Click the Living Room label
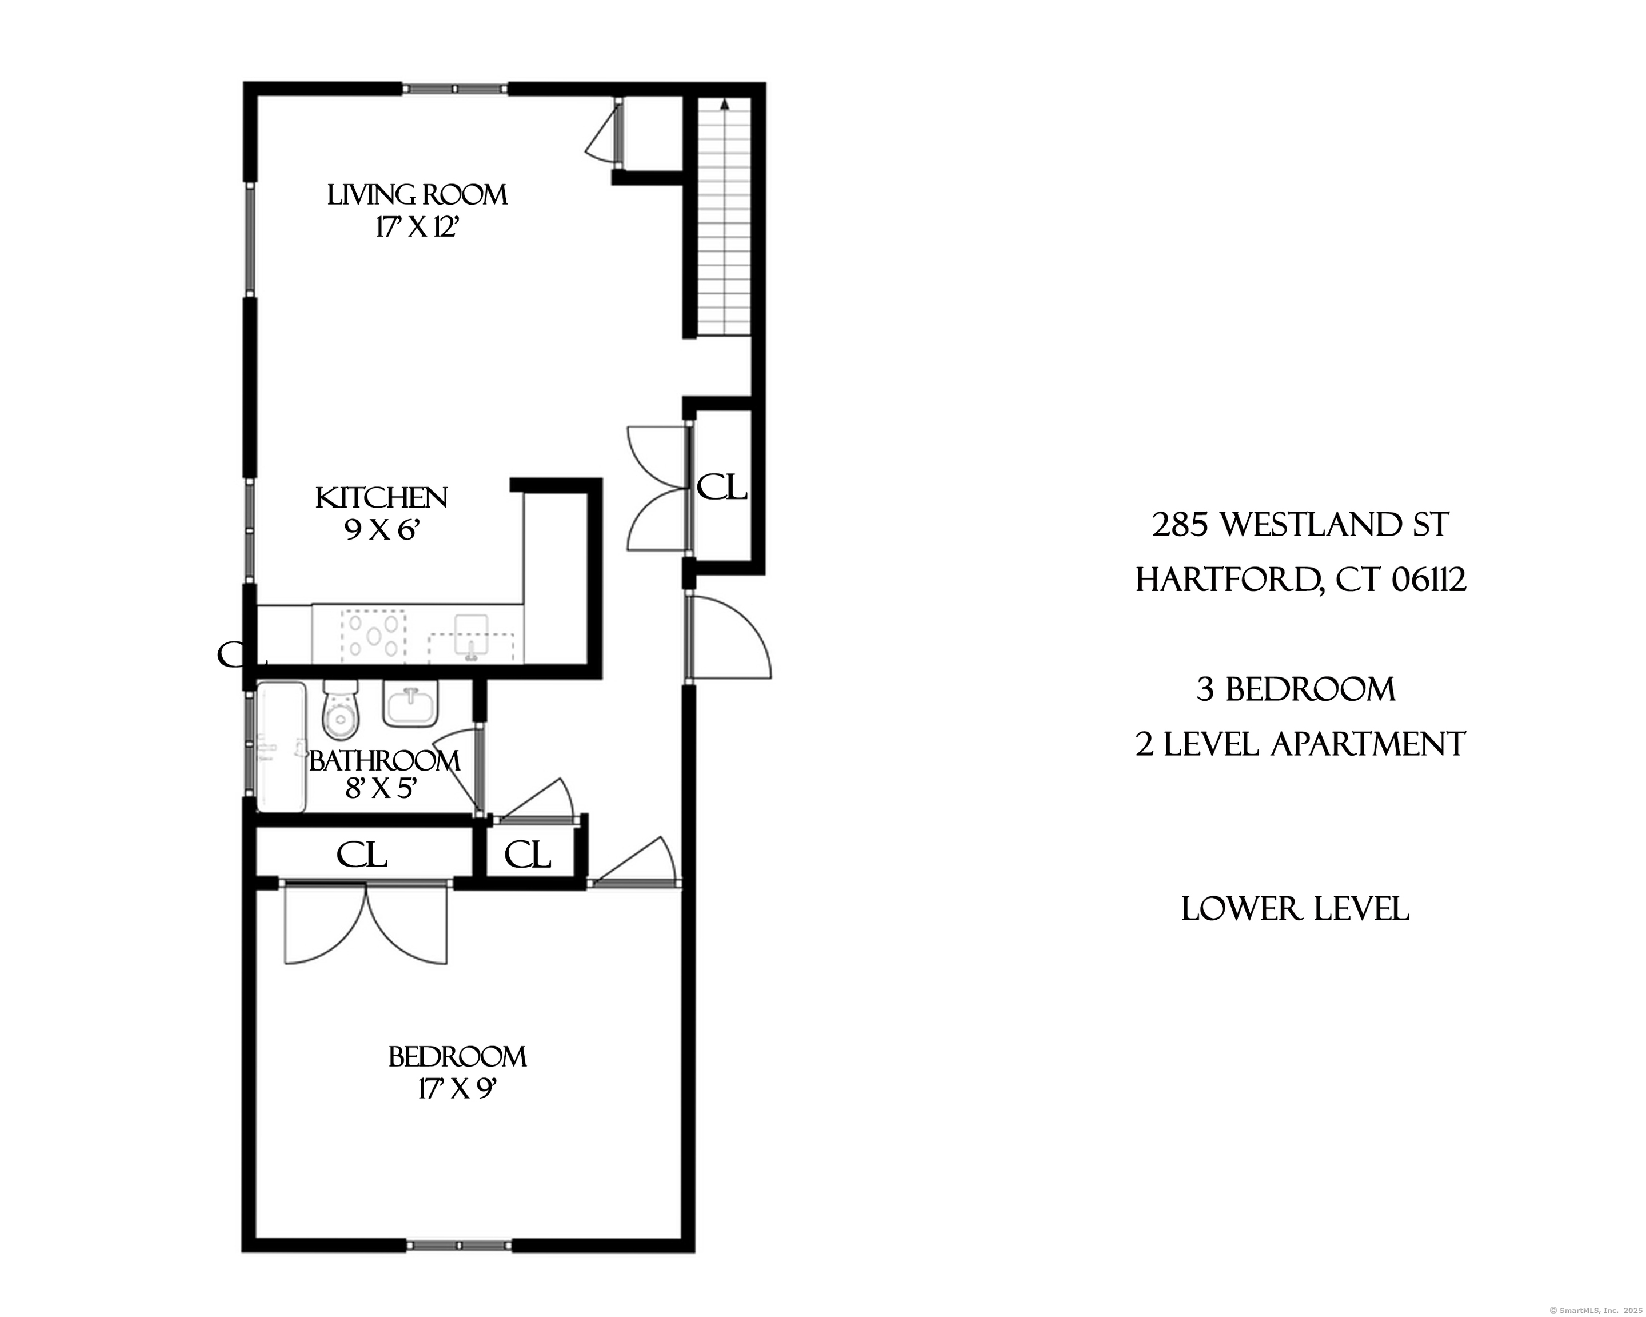click(x=417, y=195)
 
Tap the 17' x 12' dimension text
click(x=416, y=228)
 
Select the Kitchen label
click(x=382, y=498)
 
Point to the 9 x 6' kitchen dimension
click(x=382, y=529)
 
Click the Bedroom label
click(x=457, y=1057)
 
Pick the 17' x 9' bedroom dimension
click(x=457, y=1089)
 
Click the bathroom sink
click(x=411, y=704)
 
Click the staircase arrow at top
click(x=724, y=104)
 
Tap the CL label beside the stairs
click(x=721, y=486)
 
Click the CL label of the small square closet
click(x=528, y=855)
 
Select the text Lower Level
click(x=1295, y=909)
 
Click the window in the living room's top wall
click(x=455, y=89)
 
